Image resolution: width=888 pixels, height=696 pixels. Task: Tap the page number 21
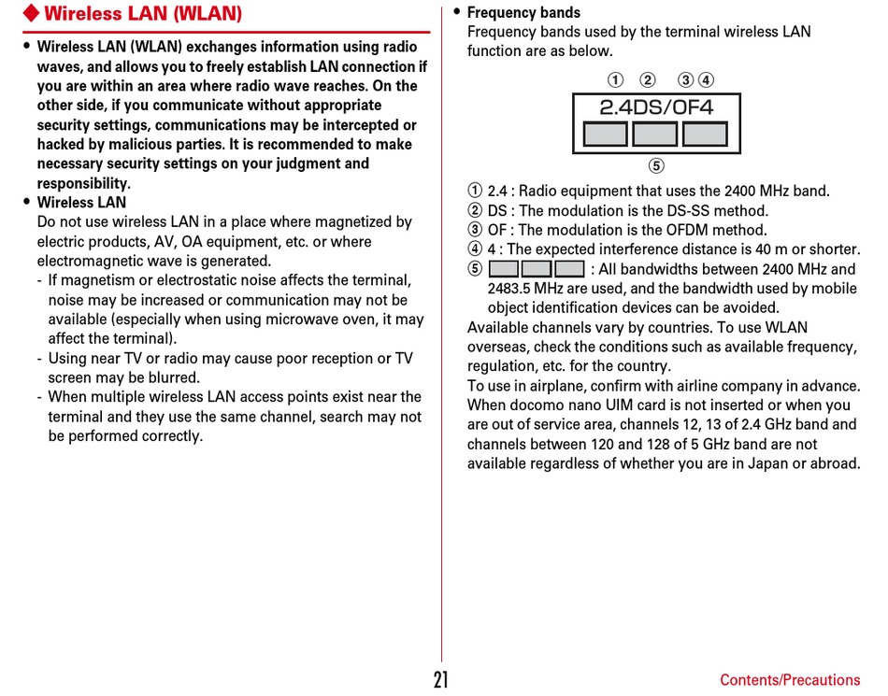(441, 680)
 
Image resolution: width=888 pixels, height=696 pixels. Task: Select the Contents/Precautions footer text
(790, 680)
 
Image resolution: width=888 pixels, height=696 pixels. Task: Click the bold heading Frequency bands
(523, 13)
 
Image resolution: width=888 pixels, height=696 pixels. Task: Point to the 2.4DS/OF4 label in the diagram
(656, 107)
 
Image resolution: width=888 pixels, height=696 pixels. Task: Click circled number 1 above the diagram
(615, 79)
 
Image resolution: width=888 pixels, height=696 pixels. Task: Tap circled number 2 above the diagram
(647, 79)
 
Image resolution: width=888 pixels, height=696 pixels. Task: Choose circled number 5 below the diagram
(656, 166)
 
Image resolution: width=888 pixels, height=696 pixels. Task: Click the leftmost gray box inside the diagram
(606, 135)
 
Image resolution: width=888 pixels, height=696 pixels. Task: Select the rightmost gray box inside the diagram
(705, 135)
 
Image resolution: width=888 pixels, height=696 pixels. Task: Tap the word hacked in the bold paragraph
(61, 145)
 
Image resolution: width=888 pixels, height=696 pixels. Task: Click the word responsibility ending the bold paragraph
(82, 184)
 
